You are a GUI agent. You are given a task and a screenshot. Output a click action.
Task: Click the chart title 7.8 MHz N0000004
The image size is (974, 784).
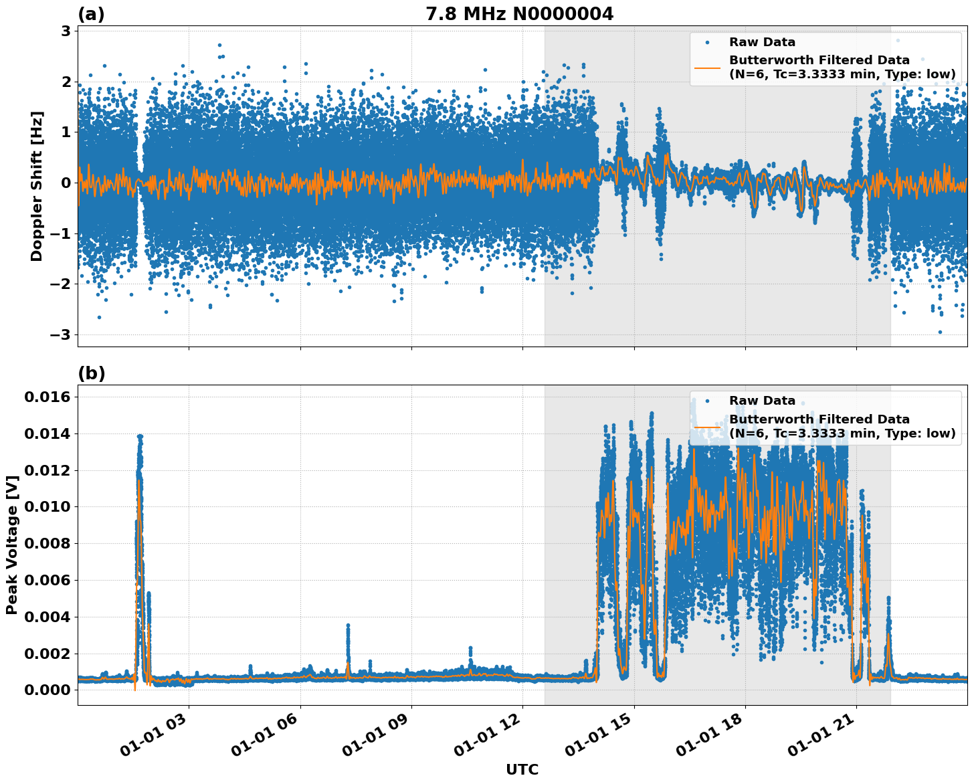[519, 14]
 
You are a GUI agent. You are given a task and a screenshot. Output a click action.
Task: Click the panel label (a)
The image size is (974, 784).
[91, 14]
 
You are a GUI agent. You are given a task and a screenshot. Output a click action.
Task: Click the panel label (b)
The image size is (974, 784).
[91, 373]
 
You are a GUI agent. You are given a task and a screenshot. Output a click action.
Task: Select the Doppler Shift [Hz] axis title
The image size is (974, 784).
[37, 186]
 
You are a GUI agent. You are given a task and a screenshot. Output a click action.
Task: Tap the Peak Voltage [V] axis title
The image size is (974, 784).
[11, 545]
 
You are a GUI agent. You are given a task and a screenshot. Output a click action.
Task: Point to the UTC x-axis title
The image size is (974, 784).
[522, 769]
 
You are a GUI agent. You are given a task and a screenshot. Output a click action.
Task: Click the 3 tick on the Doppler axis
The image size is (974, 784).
[66, 31]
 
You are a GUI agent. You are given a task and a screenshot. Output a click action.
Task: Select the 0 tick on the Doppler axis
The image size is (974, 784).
[66, 183]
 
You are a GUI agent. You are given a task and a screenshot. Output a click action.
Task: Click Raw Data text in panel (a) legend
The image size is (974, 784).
[762, 42]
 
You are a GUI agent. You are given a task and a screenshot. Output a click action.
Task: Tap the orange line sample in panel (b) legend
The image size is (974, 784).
[707, 426]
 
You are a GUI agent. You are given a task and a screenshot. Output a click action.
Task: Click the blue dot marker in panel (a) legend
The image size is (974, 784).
[707, 42]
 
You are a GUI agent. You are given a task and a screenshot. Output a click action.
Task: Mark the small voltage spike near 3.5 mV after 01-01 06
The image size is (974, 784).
[348, 627]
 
